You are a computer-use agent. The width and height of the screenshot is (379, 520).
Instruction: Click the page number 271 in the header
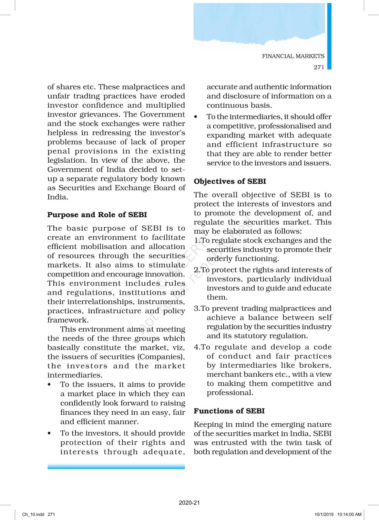coord(319,67)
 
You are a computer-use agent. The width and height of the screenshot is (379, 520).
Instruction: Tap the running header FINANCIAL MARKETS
coord(293,56)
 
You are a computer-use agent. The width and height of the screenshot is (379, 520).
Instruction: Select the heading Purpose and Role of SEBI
coord(97,215)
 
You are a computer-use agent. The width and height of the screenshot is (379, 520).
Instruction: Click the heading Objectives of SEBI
coord(230,181)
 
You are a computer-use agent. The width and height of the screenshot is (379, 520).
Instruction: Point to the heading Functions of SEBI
coord(229,411)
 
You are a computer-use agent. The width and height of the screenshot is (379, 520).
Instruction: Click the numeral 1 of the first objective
coord(196,240)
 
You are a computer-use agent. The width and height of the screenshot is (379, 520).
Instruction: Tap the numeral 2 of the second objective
coord(196,270)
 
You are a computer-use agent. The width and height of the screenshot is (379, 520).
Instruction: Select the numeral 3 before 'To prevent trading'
coord(196,308)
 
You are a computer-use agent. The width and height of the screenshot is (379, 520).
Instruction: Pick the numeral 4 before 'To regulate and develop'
coord(196,347)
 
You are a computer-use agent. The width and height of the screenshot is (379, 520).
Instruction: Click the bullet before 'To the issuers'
coord(50,384)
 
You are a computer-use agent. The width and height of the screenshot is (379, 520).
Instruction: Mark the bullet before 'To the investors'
coord(50,433)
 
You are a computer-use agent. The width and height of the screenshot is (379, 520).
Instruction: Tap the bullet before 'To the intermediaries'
coord(196,117)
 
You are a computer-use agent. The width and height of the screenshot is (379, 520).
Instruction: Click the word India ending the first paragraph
coord(58,197)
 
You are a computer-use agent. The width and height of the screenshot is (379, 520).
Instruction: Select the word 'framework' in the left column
coord(68,320)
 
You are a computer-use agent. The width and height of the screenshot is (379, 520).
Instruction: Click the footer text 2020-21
coord(189,502)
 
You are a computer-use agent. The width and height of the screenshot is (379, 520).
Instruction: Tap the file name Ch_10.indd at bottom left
coord(33,514)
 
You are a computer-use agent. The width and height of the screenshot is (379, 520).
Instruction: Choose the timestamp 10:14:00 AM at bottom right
coord(349,514)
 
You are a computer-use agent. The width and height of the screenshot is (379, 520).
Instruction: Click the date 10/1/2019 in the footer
coord(324,514)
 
